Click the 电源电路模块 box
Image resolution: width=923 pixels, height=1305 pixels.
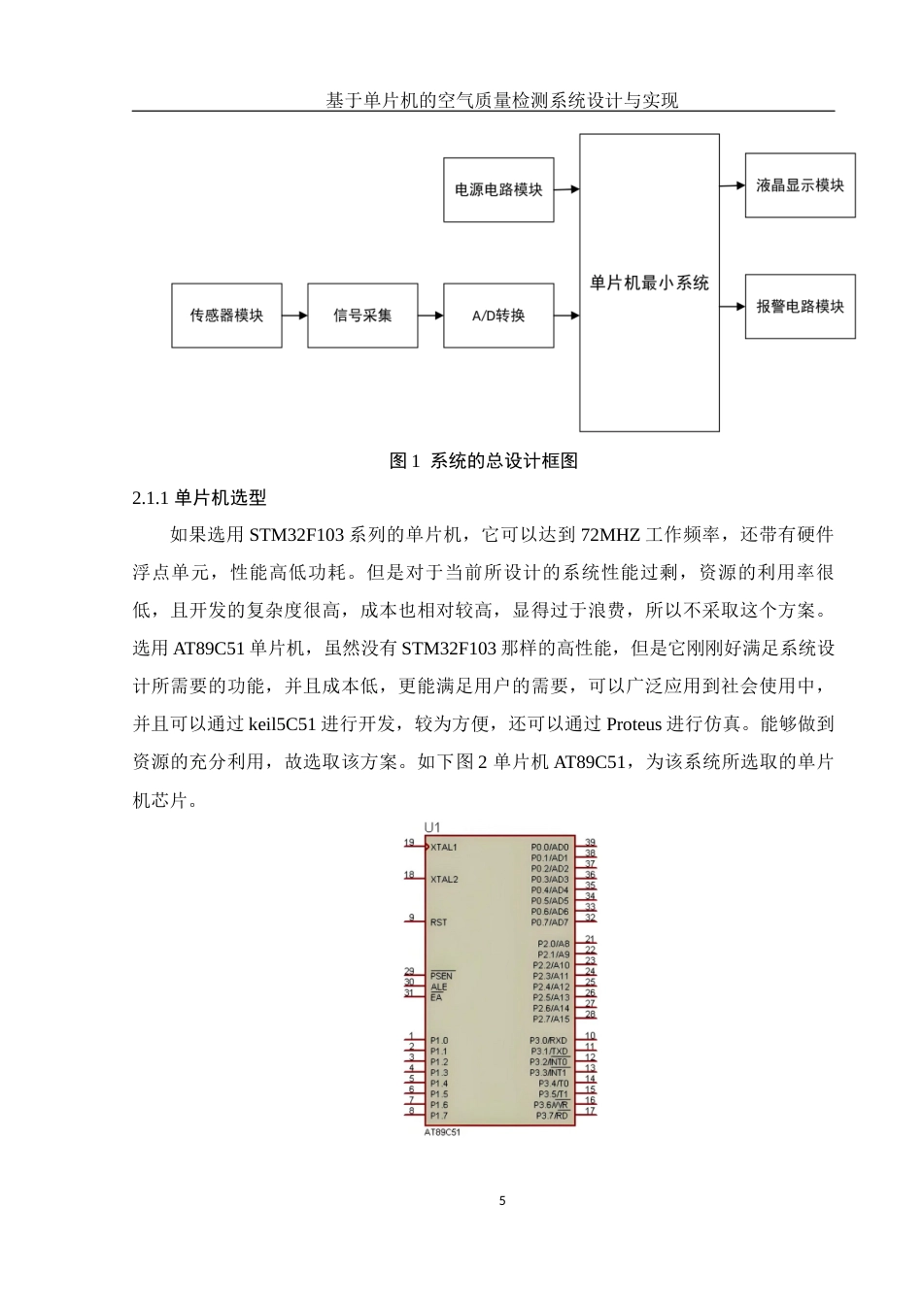[x=498, y=190]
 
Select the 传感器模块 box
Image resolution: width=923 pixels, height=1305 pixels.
[x=226, y=316]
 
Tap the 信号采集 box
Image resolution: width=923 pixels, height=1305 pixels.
[x=362, y=316]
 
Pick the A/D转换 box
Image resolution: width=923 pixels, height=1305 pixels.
[x=498, y=316]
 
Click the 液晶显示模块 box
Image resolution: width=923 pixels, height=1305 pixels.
[x=800, y=185]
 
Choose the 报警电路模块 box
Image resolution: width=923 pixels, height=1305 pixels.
[x=800, y=307]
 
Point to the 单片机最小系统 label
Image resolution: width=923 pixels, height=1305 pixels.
[x=649, y=284]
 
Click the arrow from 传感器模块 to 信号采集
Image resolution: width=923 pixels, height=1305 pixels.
[x=294, y=316]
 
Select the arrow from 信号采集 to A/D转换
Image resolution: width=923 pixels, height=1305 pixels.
[x=430, y=316]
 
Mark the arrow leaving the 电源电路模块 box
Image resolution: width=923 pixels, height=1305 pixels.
[x=566, y=189]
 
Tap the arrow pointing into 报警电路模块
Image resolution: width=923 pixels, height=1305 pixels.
[x=732, y=307]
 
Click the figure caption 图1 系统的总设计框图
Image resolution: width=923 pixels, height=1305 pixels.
[x=483, y=461]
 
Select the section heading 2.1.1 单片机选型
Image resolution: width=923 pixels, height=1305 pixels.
[x=199, y=498]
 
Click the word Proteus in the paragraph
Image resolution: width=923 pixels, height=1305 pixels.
[x=633, y=724]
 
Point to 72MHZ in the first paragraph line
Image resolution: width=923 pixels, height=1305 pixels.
[x=610, y=535]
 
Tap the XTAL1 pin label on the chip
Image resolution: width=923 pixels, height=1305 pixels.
[x=443, y=848]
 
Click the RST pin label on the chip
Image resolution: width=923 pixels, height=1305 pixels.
[x=438, y=922]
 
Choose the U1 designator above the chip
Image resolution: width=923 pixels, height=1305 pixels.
[x=431, y=827]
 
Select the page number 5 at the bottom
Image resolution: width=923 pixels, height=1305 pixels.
[x=502, y=1201]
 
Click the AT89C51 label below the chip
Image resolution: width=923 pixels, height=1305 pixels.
[x=442, y=1132]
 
